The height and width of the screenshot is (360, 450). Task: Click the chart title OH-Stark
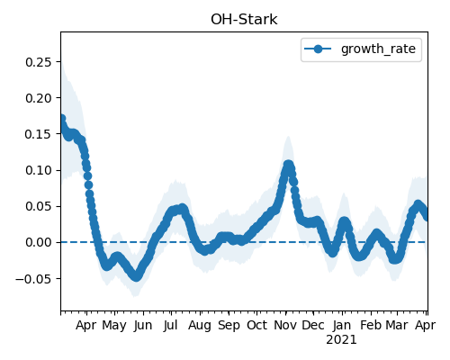244,20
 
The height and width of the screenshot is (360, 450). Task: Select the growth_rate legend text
378,49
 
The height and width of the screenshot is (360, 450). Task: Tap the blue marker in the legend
318,49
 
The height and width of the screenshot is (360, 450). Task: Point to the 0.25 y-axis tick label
39,62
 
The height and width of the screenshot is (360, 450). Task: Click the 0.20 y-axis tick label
39,98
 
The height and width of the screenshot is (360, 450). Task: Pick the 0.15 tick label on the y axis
39,134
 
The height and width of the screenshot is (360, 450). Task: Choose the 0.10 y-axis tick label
39,170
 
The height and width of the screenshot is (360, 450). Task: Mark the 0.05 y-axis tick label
39,206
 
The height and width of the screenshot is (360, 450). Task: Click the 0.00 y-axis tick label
39,242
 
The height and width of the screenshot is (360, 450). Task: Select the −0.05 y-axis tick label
34,279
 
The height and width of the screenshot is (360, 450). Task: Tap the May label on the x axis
114,326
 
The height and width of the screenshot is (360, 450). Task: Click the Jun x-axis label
143,326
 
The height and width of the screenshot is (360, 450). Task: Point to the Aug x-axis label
200,326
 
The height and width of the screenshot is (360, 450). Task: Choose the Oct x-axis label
256,326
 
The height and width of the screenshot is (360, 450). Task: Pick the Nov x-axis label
285,326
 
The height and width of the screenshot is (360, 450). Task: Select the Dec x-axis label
313,326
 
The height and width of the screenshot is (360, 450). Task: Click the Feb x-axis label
371,326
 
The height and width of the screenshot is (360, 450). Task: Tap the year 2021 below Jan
342,340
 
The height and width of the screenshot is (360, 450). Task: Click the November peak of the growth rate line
288,165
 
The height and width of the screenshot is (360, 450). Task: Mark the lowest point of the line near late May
137,276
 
